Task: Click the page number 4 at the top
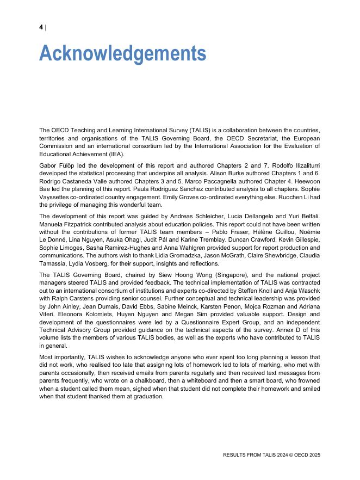41,27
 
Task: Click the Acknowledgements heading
122,54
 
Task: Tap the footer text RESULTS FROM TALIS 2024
253,454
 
